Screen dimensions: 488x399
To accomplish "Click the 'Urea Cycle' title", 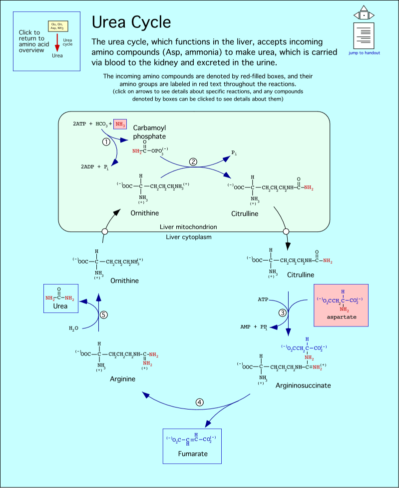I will pyautogui.click(x=131, y=22).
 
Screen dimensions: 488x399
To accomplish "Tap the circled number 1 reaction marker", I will pyautogui.click(x=106, y=141).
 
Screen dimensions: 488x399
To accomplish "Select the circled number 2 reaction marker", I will pyautogui.click(x=193, y=162).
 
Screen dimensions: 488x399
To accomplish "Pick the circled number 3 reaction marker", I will pyautogui.click(x=283, y=312).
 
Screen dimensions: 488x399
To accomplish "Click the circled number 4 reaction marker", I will pyautogui.click(x=200, y=402).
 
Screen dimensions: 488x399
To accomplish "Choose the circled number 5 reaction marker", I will pyautogui.click(x=104, y=314).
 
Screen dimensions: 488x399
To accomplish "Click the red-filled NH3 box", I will pyautogui.click(x=120, y=124).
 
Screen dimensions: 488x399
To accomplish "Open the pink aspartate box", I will pyautogui.click(x=341, y=305).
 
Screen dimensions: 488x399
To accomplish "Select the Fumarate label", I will pyautogui.click(x=192, y=454).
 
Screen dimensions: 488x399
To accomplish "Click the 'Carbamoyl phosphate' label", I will pyautogui.click(x=149, y=132).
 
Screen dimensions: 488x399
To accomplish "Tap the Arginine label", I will pyautogui.click(x=122, y=379).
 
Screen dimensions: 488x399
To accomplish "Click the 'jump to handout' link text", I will pyautogui.click(x=365, y=52).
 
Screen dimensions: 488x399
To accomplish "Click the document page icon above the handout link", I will pyautogui.click(x=365, y=35).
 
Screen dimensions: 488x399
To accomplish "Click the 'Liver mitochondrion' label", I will pyautogui.click(x=188, y=227).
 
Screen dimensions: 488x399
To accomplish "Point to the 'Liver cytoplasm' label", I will pyautogui.click(x=189, y=236).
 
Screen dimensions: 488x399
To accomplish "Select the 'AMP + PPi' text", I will pyautogui.click(x=254, y=327).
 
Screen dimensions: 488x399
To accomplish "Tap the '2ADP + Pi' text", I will pyautogui.click(x=95, y=166).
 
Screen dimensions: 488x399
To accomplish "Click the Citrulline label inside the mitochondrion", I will pyautogui.click(x=245, y=214).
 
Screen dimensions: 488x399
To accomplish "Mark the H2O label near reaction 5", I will pyautogui.click(x=74, y=328).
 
